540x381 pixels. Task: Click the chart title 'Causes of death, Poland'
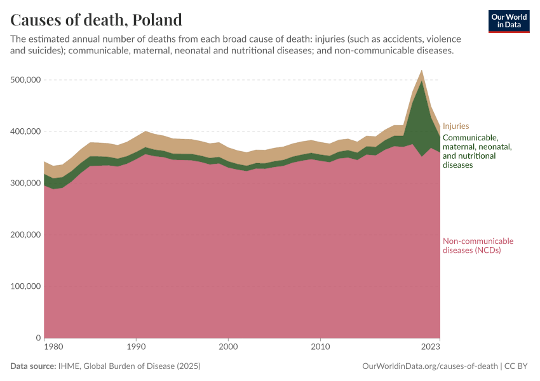click(x=96, y=20)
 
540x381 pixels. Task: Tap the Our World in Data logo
click(x=508, y=21)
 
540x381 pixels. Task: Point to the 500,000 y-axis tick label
click(x=26, y=80)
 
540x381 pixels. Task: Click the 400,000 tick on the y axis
click(x=26, y=131)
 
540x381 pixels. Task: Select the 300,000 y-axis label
click(x=26, y=184)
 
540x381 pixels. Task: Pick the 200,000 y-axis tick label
click(x=26, y=235)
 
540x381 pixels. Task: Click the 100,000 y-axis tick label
click(x=26, y=286)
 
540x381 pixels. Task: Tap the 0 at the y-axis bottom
click(x=39, y=338)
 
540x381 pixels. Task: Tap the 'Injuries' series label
click(x=456, y=126)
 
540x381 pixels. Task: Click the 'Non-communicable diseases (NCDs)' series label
click(x=478, y=245)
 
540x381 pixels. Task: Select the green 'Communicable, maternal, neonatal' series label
click(x=476, y=151)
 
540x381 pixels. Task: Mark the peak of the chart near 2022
click(x=422, y=71)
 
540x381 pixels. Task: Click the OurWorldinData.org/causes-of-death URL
click(x=429, y=366)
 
